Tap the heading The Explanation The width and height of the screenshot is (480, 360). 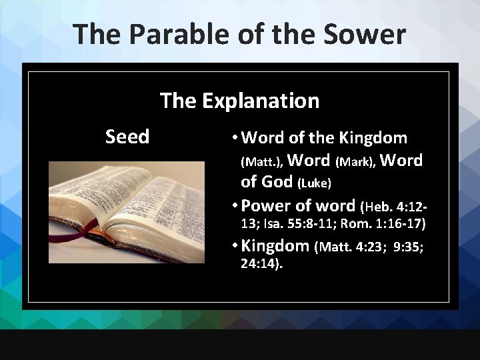[x=239, y=101]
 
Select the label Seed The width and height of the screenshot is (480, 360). [x=127, y=137]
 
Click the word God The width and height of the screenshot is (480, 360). [x=278, y=182]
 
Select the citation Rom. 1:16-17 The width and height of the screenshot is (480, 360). [x=389, y=223]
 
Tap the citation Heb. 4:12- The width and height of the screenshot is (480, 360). [x=397, y=206]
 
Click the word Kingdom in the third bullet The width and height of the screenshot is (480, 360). [x=275, y=246]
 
